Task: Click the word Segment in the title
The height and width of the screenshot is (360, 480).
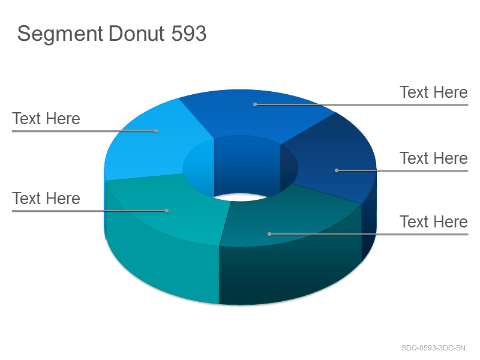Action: point(60,34)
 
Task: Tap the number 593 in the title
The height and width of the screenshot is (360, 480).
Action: point(188,33)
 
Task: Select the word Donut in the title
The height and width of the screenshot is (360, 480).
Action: point(137,33)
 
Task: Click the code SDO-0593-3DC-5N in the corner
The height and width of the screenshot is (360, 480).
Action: point(433,348)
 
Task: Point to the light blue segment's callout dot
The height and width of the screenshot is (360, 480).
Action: point(156,131)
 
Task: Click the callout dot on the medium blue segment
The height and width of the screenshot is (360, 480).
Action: point(255,104)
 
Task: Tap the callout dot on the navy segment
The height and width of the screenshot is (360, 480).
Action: point(337,170)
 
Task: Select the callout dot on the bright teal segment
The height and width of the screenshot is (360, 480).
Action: point(167,211)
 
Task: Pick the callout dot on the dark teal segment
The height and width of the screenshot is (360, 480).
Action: point(269,234)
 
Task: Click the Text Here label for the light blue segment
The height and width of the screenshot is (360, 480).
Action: point(46,118)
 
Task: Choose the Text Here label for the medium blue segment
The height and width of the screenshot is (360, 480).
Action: point(433,92)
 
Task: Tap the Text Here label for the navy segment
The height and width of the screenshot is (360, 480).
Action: point(433,158)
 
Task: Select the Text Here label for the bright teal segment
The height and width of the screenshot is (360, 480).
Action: point(46,199)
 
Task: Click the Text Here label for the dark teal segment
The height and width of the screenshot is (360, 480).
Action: point(433,221)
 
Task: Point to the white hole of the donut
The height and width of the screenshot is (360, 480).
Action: point(241,197)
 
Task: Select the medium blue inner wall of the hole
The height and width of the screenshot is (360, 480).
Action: point(247,166)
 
